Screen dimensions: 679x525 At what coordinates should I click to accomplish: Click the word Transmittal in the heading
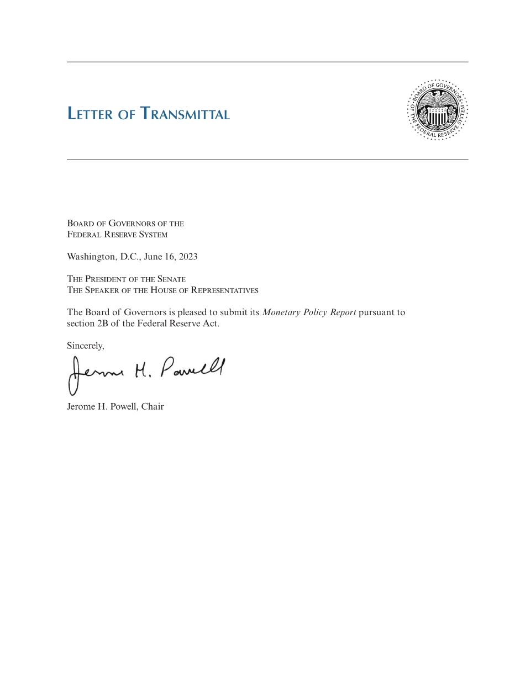(185, 114)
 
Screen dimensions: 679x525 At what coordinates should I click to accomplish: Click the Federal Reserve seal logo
(438, 110)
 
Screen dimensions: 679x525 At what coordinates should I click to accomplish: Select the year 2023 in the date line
(188, 257)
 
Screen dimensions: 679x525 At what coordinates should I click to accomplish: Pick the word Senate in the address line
(171, 279)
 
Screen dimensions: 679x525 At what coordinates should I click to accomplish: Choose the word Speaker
(102, 290)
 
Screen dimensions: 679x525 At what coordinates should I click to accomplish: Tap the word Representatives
(224, 290)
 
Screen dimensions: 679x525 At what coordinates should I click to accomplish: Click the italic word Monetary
(281, 312)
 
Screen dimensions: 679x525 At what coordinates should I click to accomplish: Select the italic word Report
(343, 312)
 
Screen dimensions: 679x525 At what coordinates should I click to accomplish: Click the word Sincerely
(86, 346)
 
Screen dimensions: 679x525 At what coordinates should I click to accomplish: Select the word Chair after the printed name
(153, 407)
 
